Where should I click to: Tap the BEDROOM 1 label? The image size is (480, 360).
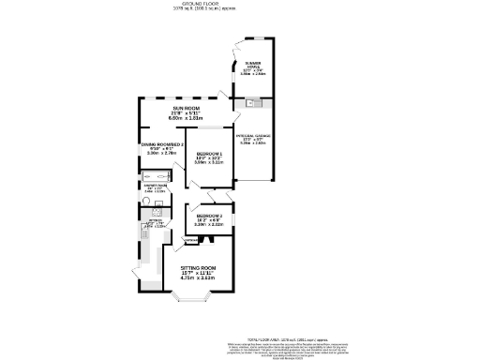tap(208, 153)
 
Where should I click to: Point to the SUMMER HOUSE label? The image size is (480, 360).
tap(253, 65)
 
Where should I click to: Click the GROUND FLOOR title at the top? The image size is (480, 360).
tap(240, 4)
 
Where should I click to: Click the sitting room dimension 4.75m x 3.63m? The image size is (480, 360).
tap(204, 278)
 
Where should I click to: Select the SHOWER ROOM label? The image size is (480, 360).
tap(157, 186)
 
